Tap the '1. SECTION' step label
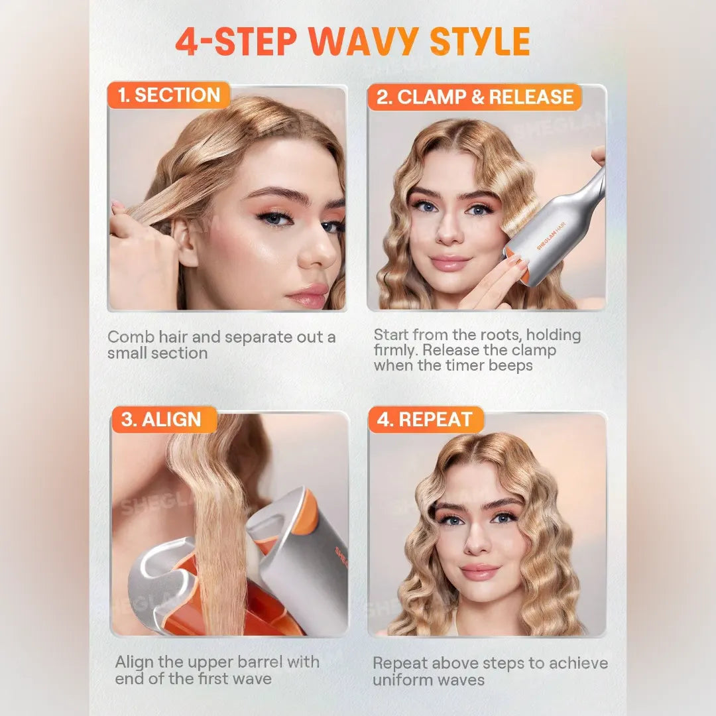[x=169, y=95]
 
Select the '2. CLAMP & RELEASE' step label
[x=475, y=97]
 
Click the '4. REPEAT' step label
[x=425, y=419]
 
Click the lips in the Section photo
[x=307, y=296]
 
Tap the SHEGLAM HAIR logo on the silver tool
[x=551, y=236]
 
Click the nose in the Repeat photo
[x=477, y=539]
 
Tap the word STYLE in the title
[x=480, y=42]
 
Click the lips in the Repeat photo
[x=481, y=571]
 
